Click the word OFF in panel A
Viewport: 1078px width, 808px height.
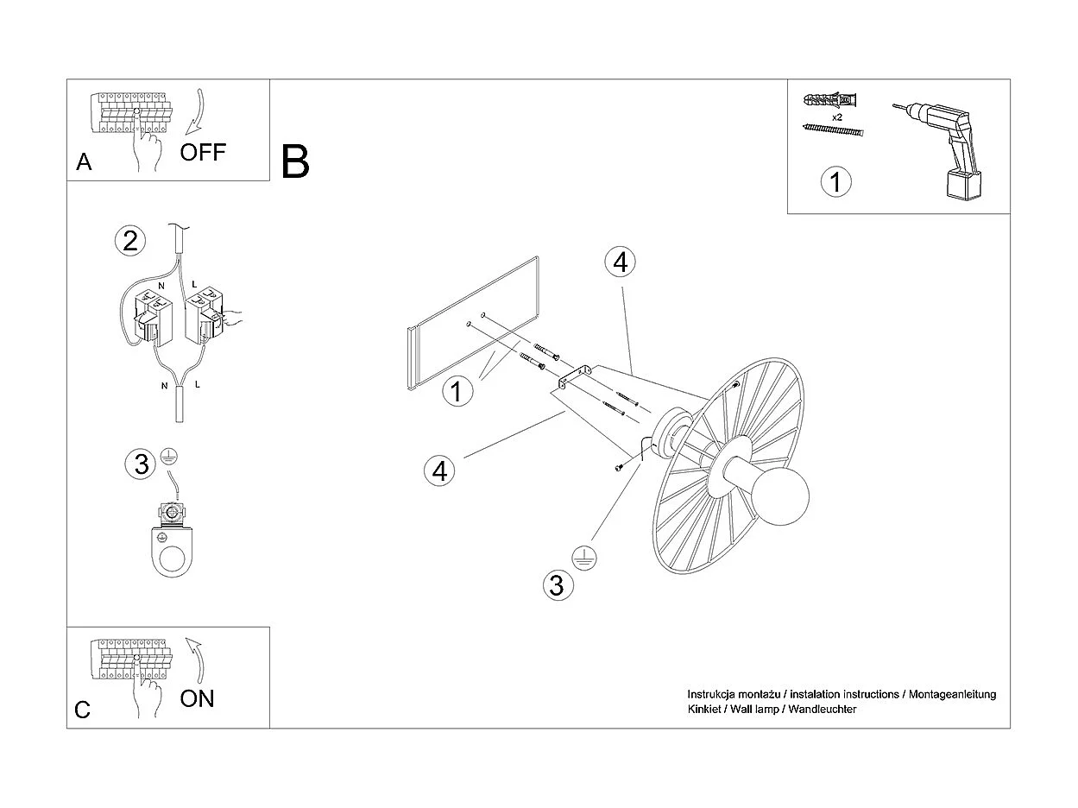(203, 153)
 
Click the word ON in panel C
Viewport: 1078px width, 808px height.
(197, 698)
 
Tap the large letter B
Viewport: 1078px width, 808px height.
(295, 161)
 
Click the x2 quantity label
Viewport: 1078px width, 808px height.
(837, 116)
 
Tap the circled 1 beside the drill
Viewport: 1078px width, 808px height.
(835, 182)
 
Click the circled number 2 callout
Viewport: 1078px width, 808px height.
(129, 240)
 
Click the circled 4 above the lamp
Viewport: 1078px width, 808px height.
(620, 261)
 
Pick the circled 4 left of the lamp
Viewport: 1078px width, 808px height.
(440, 471)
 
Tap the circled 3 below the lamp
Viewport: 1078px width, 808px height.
(557, 585)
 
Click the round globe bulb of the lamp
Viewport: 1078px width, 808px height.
(782, 500)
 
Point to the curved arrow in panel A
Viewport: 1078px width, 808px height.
(195, 110)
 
